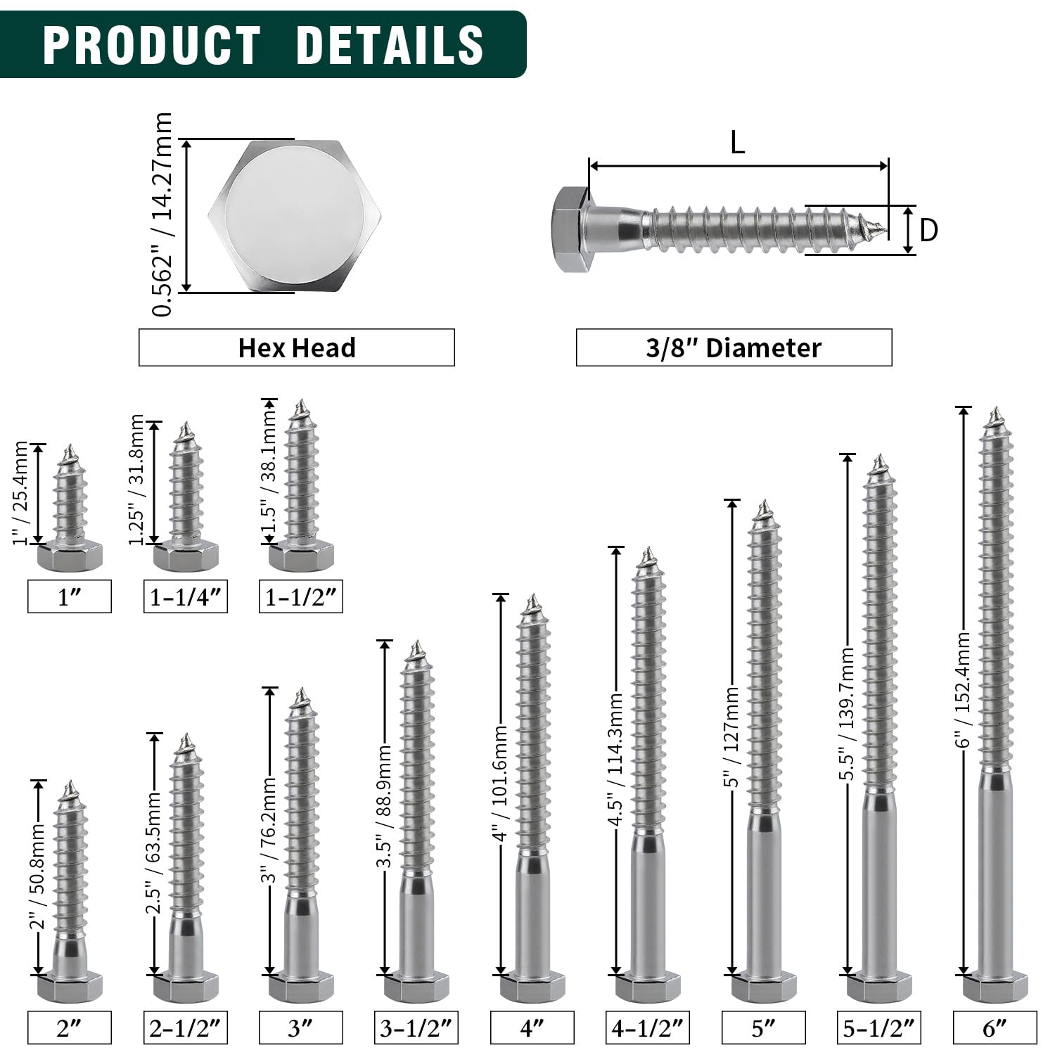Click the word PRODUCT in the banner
pyautogui.click(x=152, y=44)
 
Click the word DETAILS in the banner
pyautogui.click(x=390, y=44)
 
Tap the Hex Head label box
pyautogui.click(x=297, y=347)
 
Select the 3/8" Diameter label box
pyautogui.click(x=734, y=347)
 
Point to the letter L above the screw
pyautogui.click(x=737, y=143)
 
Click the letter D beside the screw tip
pyautogui.click(x=929, y=230)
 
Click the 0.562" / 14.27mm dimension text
pyautogui.click(x=162, y=215)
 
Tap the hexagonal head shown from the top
pyautogui.click(x=295, y=215)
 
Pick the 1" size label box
pyautogui.click(x=70, y=596)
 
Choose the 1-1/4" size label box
pyautogui.click(x=186, y=596)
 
